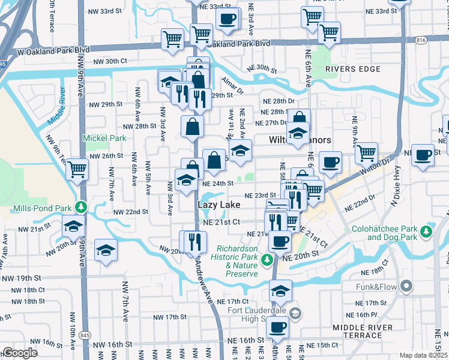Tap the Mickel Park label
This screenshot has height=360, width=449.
[x=105, y=138]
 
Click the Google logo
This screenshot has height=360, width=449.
[x=20, y=353]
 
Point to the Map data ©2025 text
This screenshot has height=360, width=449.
[x=423, y=355]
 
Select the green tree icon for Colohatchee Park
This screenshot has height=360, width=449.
[x=427, y=231]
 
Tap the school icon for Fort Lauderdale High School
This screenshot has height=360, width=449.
[x=295, y=314]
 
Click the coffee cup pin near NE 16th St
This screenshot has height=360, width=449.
[x=277, y=328]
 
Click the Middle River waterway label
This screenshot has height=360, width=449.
[x=58, y=106]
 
